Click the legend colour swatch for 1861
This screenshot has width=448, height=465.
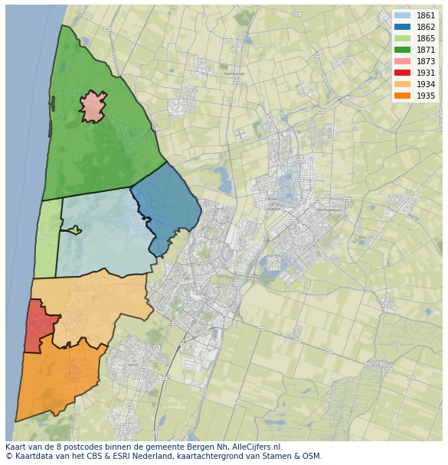(403, 15)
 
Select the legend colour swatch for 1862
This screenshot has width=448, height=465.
(403, 27)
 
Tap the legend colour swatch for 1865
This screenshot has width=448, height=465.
(403, 38)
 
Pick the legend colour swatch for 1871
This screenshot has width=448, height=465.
(403, 50)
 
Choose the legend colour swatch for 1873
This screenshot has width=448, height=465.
(403, 61)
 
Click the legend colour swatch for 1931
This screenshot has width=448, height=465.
(403, 73)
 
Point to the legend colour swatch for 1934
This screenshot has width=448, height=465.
(403, 84)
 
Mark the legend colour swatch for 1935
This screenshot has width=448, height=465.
(403, 96)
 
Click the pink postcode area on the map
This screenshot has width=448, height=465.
(93, 107)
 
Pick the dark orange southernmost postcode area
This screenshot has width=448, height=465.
(57, 379)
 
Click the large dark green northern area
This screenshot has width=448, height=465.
(100, 153)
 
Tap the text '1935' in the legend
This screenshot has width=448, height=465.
(426, 96)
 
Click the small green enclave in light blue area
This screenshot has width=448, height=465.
(74, 229)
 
